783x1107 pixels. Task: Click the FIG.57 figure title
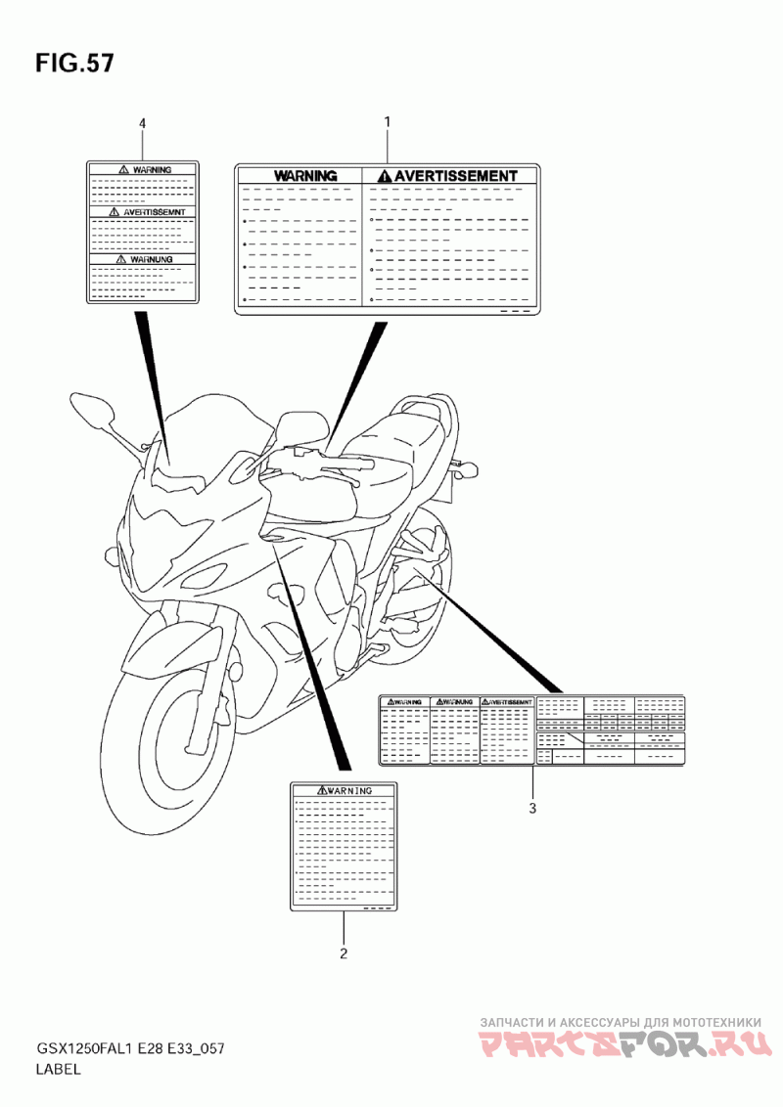pos(74,64)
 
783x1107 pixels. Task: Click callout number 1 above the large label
pos(387,122)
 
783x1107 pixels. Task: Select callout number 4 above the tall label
pos(143,123)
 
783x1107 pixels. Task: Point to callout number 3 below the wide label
pos(531,808)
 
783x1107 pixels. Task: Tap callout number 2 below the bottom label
pos(343,952)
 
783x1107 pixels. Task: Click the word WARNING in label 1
pos(305,176)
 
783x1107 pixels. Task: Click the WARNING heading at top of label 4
pos(151,170)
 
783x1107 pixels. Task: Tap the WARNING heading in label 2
pos(348,790)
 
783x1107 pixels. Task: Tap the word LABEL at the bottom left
pos(59,1070)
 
